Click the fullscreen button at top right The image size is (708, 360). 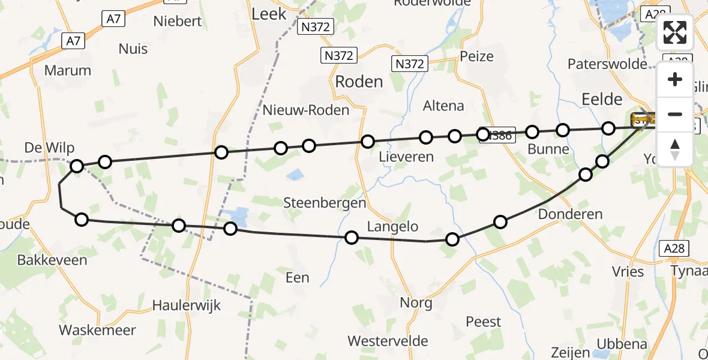(675, 32)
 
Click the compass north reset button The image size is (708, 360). (675, 149)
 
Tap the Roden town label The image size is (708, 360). (359, 82)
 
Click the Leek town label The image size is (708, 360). (269, 14)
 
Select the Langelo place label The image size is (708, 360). (392, 227)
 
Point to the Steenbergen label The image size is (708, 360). (333, 203)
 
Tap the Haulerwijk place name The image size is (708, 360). (187, 305)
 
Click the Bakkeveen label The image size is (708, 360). (52, 260)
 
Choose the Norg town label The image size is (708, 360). (416, 303)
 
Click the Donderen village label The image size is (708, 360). (570, 214)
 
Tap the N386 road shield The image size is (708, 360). (499, 136)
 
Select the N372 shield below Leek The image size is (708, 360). (317, 27)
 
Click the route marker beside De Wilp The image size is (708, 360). (77, 166)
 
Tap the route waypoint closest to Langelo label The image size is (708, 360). (352, 238)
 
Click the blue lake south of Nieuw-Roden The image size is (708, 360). (295, 175)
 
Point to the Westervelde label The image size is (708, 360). (388, 341)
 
